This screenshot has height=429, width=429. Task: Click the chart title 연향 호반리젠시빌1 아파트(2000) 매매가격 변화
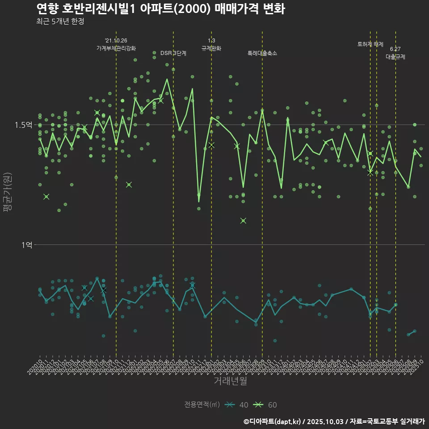click(x=160, y=9)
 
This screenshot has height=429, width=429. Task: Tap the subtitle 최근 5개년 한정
click(x=60, y=21)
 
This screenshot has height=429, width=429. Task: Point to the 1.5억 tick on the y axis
click(x=23, y=125)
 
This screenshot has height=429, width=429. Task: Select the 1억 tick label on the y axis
click(x=27, y=245)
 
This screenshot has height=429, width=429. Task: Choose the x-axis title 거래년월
click(x=230, y=381)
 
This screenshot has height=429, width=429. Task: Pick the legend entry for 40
click(x=237, y=405)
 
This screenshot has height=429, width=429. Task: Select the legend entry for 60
click(x=265, y=405)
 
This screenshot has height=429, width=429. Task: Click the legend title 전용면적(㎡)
click(x=202, y=405)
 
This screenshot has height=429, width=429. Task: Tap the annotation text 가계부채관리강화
click(x=116, y=48)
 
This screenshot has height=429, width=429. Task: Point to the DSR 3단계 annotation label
click(x=173, y=53)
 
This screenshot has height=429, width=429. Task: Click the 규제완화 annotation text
click(x=211, y=48)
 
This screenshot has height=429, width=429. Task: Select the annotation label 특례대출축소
click(x=262, y=53)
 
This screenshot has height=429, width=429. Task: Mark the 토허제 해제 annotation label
click(x=370, y=44)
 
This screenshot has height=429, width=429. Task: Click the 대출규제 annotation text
click(x=395, y=57)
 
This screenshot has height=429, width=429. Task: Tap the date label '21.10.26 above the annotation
click(x=116, y=40)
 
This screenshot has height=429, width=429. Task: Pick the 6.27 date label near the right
click(x=395, y=49)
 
